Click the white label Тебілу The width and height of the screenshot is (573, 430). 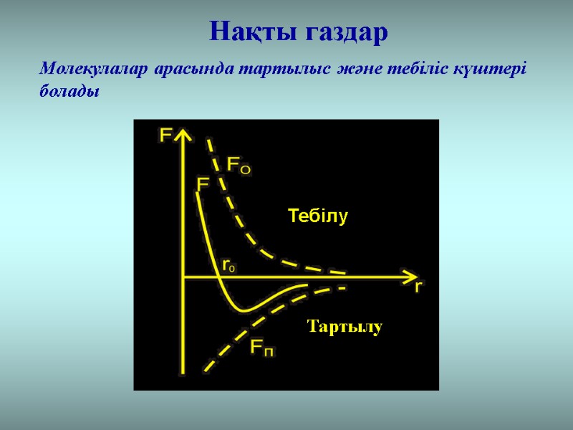tap(317, 216)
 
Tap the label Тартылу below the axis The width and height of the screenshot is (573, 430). tap(345, 327)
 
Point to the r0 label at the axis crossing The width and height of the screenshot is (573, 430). tap(229, 265)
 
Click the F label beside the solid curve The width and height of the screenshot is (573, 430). tap(203, 184)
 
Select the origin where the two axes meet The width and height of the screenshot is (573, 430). tap(185, 276)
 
